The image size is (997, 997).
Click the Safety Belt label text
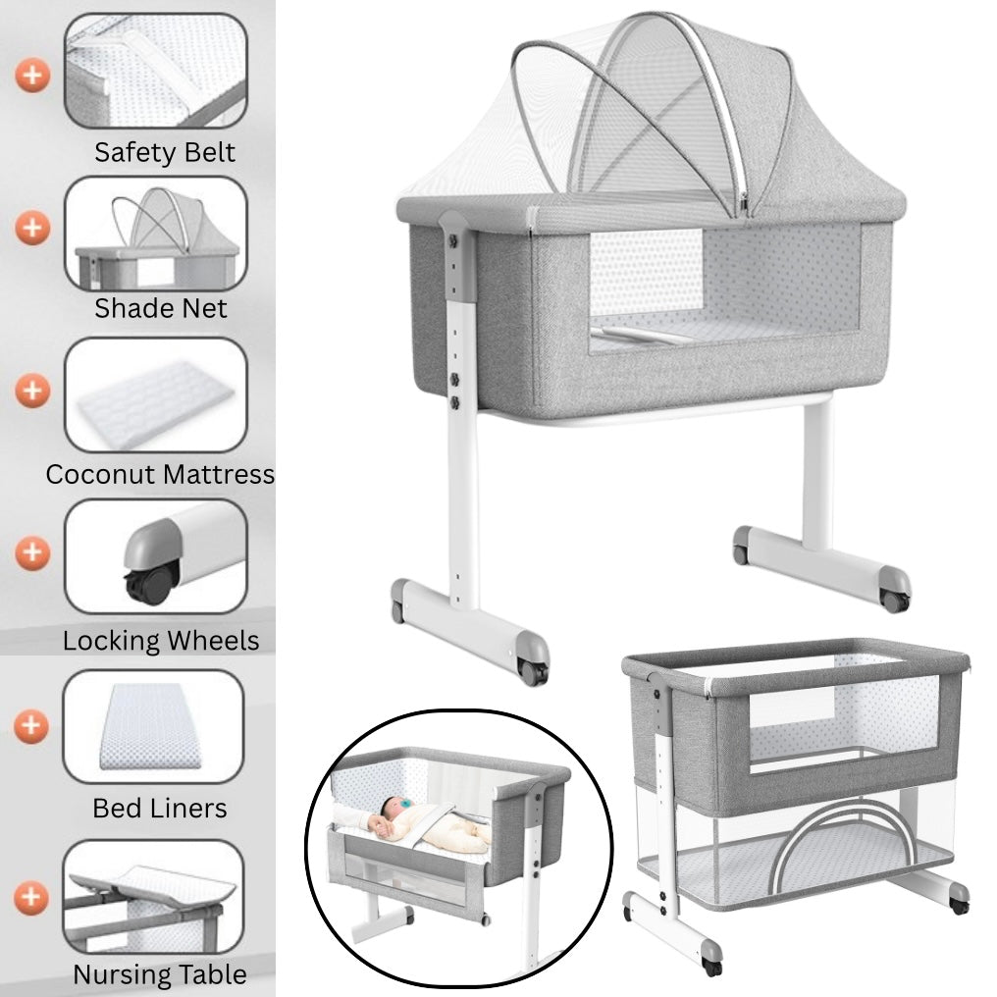[x=165, y=153]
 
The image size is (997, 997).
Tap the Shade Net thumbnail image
[x=155, y=234]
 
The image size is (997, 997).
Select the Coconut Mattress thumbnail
[x=155, y=394]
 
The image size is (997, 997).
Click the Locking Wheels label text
[x=161, y=642]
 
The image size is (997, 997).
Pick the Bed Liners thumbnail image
[x=153, y=726]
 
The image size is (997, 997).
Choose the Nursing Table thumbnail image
[x=153, y=897]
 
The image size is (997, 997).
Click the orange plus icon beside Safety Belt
[x=32, y=75]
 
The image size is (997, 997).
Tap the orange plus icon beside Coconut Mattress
[x=32, y=391]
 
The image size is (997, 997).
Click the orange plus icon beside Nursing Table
[x=32, y=896]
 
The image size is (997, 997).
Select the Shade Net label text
[x=160, y=308]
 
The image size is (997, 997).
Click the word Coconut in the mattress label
[x=100, y=475]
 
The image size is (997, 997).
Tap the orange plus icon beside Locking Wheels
[x=32, y=551]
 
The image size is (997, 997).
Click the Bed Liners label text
[x=159, y=809]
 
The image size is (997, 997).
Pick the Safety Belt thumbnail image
[x=155, y=71]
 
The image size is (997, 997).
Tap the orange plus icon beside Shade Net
[x=32, y=229]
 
